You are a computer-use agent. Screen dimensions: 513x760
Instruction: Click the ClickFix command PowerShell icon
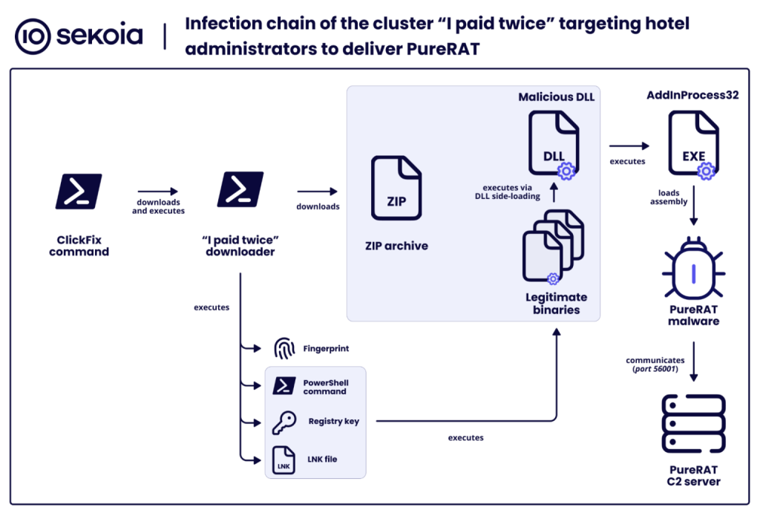point(79,191)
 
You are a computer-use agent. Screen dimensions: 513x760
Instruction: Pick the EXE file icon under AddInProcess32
point(693,143)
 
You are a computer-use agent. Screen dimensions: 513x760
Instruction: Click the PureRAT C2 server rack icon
point(694,424)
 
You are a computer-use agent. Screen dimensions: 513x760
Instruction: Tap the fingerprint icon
point(284,349)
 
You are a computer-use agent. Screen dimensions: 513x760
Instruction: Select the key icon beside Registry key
point(284,422)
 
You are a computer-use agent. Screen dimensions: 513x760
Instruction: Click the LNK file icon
point(284,460)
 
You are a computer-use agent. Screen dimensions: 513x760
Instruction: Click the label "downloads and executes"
point(158,206)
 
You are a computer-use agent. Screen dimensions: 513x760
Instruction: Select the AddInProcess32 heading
point(692,96)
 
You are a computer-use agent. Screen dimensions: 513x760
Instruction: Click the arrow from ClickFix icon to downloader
point(157,190)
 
